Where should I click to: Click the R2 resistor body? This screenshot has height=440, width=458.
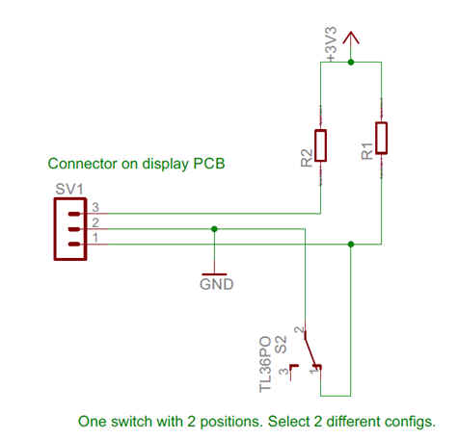(320, 145)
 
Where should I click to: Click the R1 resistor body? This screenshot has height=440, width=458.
(382, 138)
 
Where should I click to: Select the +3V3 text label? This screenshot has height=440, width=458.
(332, 44)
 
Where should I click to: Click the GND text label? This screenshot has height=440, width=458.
(217, 284)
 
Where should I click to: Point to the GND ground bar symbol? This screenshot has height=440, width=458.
(214, 274)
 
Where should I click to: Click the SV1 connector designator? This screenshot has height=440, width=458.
(69, 189)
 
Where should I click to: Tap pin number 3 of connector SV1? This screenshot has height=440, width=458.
(95, 207)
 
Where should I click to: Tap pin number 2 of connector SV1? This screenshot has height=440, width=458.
(95, 222)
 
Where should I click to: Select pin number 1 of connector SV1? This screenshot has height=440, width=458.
(95, 238)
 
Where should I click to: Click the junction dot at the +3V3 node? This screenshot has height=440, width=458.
(351, 62)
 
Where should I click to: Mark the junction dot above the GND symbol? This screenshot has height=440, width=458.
(214, 229)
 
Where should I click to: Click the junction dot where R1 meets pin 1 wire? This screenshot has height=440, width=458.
(351, 245)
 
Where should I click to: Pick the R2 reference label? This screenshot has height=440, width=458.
(307, 158)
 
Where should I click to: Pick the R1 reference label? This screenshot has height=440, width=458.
(367, 151)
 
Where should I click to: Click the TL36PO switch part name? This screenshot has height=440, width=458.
(265, 364)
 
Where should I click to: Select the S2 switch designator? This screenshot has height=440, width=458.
(281, 345)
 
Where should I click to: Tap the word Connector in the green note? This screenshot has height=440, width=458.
(82, 164)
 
